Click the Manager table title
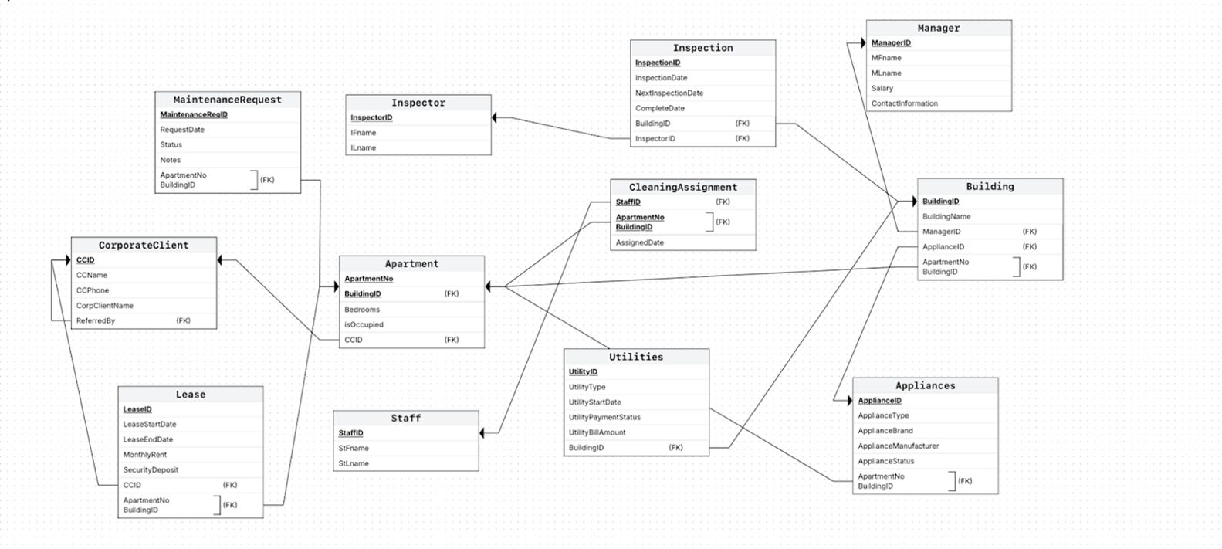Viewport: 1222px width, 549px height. point(938,28)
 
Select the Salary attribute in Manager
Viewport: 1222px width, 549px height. point(882,88)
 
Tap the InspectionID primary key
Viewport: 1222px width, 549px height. point(658,63)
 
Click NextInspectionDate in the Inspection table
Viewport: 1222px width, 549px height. point(669,93)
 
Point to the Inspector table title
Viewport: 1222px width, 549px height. point(418,103)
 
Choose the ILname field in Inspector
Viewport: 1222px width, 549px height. point(364,147)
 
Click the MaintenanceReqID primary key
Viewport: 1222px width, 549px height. point(194,114)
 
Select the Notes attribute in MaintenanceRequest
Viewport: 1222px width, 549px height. point(171,160)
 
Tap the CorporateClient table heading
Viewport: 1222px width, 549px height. point(144,245)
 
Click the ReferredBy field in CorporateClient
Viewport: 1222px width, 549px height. point(96,320)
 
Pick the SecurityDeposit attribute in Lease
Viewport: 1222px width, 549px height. point(151,469)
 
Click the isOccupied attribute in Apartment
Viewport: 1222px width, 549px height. point(364,324)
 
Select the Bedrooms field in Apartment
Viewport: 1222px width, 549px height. point(362,309)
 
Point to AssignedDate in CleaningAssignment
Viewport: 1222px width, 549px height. point(640,242)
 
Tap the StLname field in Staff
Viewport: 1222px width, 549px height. point(354,463)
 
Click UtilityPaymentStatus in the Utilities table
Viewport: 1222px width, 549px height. point(604,417)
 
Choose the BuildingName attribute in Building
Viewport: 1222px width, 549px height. point(946,216)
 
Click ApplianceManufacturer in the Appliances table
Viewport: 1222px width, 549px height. point(899,446)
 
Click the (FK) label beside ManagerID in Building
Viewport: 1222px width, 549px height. point(1030,232)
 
